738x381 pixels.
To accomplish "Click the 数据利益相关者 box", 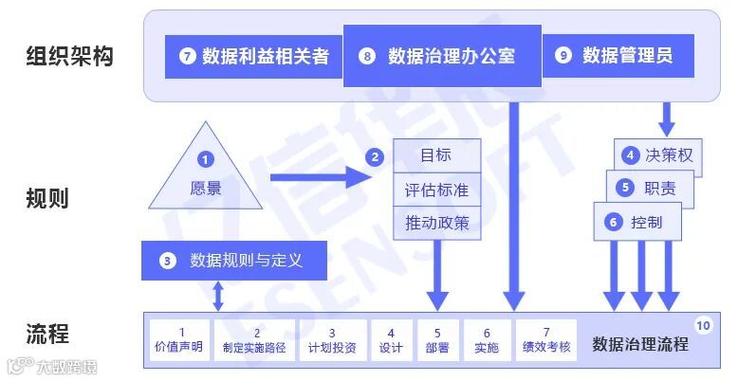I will (x=253, y=56).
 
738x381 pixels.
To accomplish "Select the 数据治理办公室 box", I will (x=442, y=56).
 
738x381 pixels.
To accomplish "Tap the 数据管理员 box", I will (x=618, y=56).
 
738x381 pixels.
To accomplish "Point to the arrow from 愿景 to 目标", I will (x=319, y=176).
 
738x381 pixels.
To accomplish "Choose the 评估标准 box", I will (x=437, y=190).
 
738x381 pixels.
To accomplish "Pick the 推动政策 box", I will (x=437, y=224).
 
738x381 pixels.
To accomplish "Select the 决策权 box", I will (x=659, y=155).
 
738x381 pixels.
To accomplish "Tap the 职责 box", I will (x=650, y=189).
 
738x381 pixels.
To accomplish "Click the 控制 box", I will (x=637, y=222).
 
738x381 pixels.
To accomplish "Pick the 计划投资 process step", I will (x=332, y=340).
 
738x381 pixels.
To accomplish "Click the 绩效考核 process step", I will (x=546, y=340).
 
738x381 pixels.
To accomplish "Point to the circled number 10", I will (x=703, y=325).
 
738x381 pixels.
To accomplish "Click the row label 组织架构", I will (x=69, y=56).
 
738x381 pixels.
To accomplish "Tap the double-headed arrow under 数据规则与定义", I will (x=220, y=296).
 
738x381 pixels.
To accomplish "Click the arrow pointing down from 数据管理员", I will (x=667, y=118).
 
